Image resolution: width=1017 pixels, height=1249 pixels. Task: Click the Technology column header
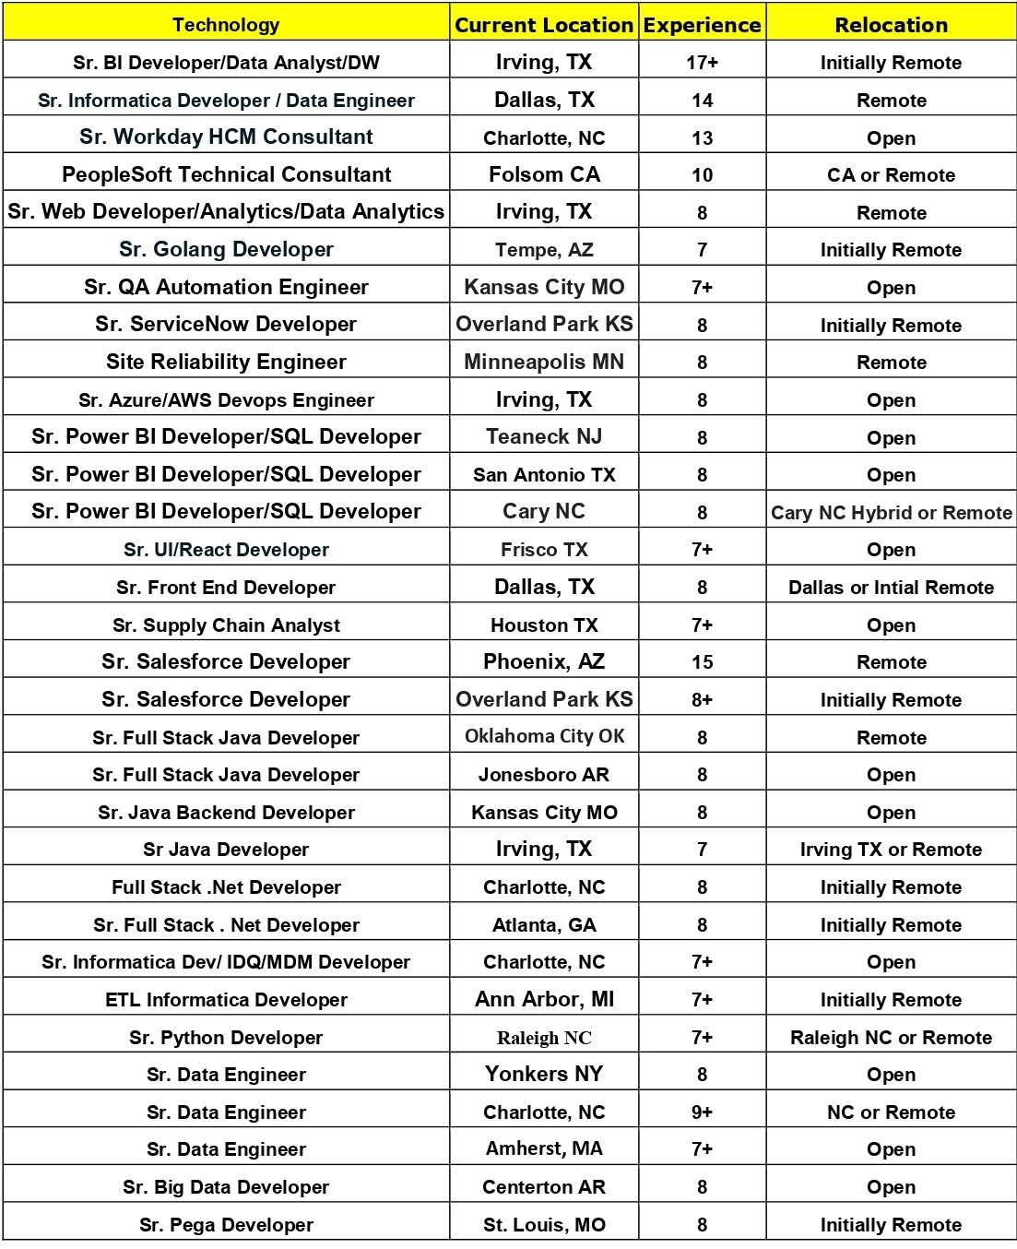[x=226, y=25]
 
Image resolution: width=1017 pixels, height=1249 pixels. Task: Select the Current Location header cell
[x=544, y=25]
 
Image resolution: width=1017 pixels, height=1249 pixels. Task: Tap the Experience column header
[x=703, y=25]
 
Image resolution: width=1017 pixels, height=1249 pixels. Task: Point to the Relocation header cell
[x=891, y=25]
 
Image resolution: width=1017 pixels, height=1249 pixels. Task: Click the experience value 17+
[x=703, y=63]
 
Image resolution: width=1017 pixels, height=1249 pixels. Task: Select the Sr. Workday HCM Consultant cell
[x=226, y=137]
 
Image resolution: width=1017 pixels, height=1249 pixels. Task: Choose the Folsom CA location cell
[x=544, y=174]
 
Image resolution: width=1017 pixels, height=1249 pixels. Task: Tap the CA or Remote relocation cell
[x=891, y=175]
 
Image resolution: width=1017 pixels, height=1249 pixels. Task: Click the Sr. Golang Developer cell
[x=226, y=250]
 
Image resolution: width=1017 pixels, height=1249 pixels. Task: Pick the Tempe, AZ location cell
[x=544, y=250]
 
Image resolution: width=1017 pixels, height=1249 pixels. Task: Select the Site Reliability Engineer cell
[x=226, y=363]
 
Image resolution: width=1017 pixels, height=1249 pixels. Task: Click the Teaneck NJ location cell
[x=544, y=437]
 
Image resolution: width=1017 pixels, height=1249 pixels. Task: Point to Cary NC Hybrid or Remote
[x=891, y=513]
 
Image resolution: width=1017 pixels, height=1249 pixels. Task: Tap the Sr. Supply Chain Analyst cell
[x=226, y=625]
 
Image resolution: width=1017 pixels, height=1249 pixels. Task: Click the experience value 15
[x=703, y=662]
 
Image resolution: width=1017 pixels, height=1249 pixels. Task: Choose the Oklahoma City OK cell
[x=544, y=737]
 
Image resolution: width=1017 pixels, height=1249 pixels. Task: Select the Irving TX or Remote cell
[x=891, y=850]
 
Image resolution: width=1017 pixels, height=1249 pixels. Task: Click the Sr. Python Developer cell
[x=226, y=1038]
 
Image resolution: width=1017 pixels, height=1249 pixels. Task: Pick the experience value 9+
[x=703, y=1112]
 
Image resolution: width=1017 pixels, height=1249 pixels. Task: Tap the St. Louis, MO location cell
[x=544, y=1225]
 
